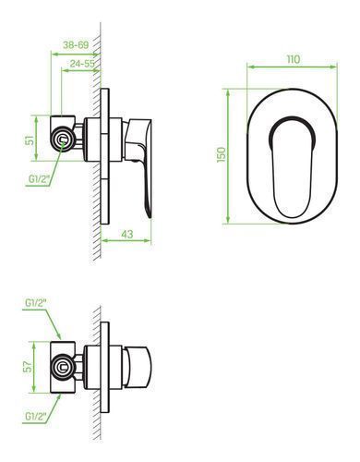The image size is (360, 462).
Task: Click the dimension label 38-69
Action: click(76, 45)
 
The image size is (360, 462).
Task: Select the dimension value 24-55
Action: click(82, 64)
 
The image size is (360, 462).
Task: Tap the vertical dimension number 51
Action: click(30, 140)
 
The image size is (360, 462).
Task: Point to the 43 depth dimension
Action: click(127, 234)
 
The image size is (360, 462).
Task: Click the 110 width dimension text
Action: click(294, 59)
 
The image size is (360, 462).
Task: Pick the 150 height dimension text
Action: click(222, 155)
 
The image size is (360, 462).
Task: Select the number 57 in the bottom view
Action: click(28, 367)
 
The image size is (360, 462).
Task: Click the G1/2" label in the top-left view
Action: click(40, 179)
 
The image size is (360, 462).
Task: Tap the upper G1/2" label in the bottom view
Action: click(36, 303)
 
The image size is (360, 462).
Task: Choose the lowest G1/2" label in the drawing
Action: click(36, 417)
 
